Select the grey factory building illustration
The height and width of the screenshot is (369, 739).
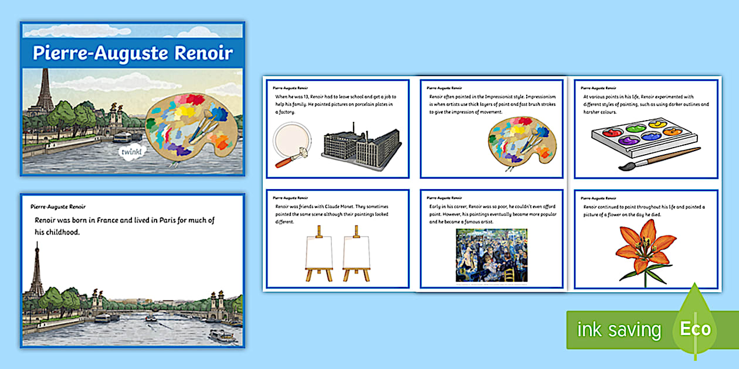(x=361, y=146)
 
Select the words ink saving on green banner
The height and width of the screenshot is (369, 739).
(x=619, y=330)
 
